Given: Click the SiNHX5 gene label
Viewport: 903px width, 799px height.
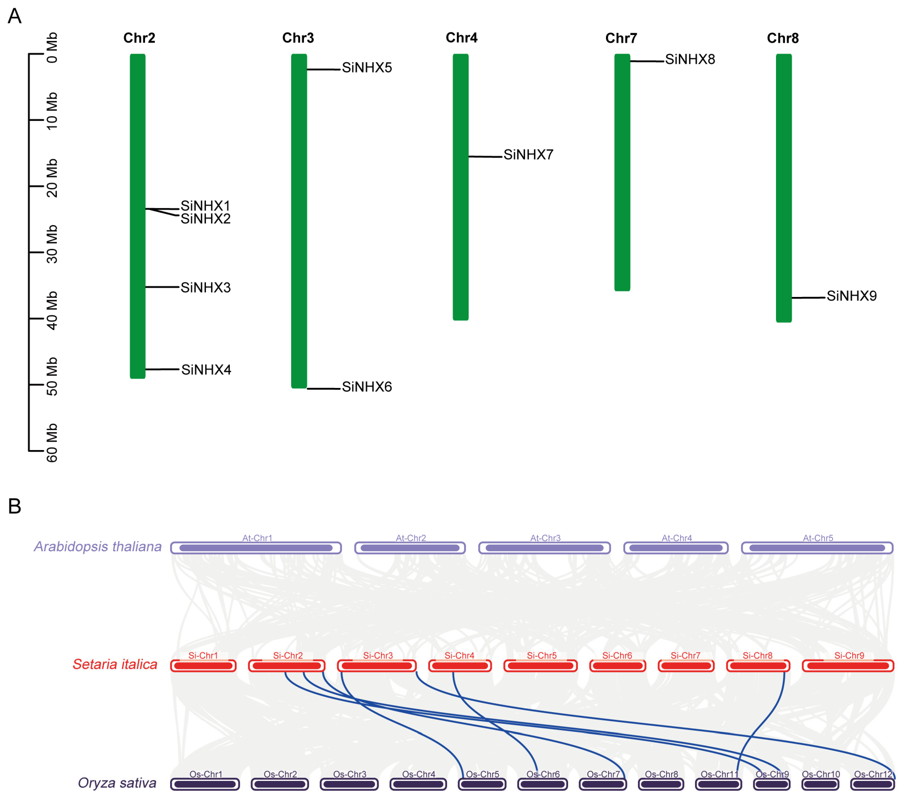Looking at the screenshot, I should [367, 68].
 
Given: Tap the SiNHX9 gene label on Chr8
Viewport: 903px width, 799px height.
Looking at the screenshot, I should [851, 296].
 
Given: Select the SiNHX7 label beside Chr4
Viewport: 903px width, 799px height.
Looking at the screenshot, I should [528, 155].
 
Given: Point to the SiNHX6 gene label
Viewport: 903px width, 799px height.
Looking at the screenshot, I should [367, 387].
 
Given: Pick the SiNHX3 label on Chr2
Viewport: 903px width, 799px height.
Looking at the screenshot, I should [205, 287].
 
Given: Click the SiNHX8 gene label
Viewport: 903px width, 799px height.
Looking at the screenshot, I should [690, 59].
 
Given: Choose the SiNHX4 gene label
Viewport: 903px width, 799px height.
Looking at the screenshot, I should [206, 370].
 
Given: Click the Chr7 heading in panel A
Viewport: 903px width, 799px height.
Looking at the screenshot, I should [621, 38].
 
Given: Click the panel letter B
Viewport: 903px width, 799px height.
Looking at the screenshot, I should [15, 506].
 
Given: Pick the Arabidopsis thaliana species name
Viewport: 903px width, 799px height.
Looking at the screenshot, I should [98, 547].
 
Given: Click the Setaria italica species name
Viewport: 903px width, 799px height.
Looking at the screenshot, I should [115, 664].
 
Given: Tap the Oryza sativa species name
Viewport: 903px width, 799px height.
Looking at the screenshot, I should [117, 783].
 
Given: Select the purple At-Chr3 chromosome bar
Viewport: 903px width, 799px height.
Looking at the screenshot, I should [544, 548].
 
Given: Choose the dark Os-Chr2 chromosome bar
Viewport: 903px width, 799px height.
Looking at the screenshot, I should [280, 784].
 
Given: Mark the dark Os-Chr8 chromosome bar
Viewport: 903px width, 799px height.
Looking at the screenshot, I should [661, 784].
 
